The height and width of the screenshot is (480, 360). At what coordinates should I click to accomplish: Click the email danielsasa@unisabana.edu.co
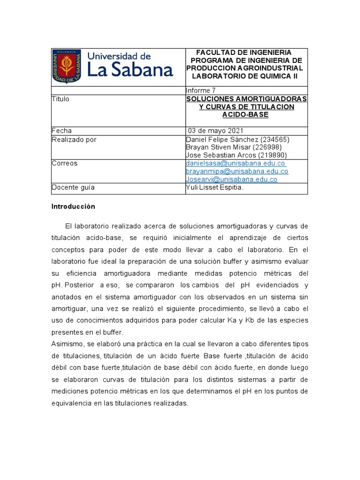(235, 163)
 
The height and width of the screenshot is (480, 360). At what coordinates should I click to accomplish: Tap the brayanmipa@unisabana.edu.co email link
(237, 171)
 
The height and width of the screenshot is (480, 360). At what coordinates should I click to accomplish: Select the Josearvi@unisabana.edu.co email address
(232, 179)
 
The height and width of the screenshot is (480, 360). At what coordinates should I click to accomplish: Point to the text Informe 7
(201, 90)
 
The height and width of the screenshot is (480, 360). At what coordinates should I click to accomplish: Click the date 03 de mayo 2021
(216, 131)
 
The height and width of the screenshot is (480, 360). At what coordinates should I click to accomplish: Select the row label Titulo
(60, 99)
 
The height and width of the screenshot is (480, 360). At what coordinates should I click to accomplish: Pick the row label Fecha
(61, 131)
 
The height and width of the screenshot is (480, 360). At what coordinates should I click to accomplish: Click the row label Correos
(65, 163)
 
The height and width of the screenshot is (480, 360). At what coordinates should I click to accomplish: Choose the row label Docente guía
(73, 187)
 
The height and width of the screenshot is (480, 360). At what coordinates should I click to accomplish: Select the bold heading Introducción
(73, 206)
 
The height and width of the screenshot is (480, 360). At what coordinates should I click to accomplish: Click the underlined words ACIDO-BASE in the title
(247, 115)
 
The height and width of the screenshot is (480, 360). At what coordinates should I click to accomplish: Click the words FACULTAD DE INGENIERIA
(243, 52)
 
